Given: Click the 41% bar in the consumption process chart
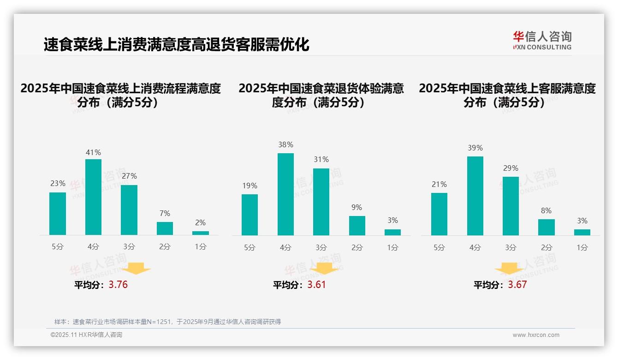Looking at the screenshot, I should (93, 197).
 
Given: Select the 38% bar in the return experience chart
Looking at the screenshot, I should (285, 194).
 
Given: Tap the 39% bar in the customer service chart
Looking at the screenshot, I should (475, 196).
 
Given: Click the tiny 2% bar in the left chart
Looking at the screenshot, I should (201, 233).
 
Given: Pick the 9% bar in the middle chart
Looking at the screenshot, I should (357, 226).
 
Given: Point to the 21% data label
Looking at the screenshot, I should (439, 184).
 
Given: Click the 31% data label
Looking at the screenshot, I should (321, 159).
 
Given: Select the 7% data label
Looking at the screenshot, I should (165, 213).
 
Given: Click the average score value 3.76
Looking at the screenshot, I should (118, 285).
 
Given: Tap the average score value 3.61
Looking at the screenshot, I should (316, 285).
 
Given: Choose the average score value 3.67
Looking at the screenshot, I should (517, 285).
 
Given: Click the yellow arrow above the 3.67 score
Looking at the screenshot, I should (509, 269).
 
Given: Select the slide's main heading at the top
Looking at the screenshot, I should (176, 45).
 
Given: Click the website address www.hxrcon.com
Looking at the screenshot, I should (536, 335).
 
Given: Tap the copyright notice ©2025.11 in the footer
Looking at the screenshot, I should (86, 335).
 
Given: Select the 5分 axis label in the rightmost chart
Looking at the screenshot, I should (439, 248).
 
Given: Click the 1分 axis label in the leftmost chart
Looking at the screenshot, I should (201, 247).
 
